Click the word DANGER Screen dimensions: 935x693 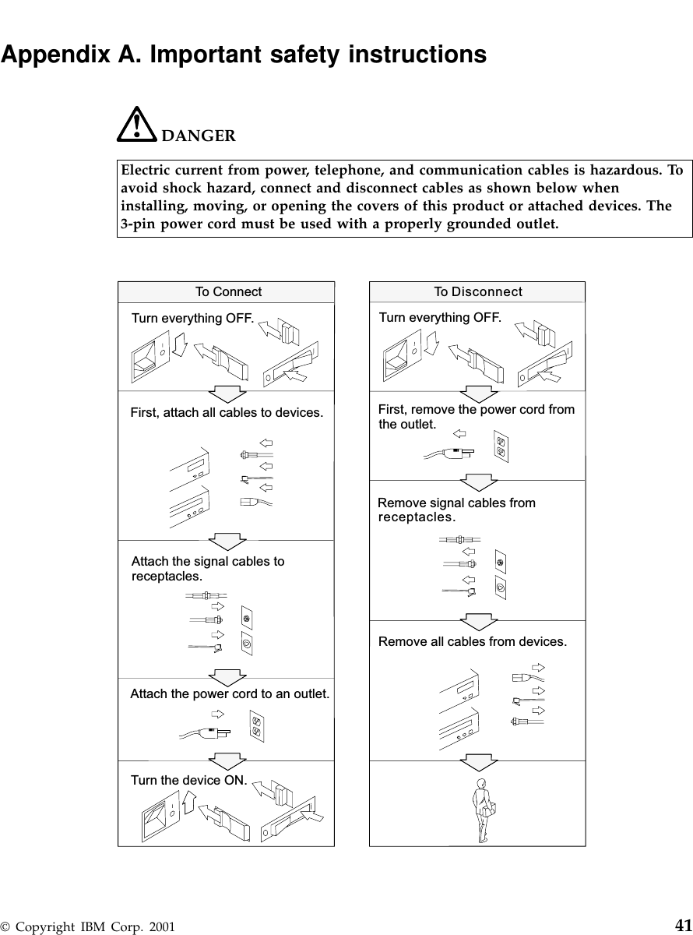coord(198,136)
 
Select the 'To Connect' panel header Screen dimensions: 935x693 coord(228,292)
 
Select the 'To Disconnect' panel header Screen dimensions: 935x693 coord(477,292)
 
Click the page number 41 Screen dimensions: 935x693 coord(683,925)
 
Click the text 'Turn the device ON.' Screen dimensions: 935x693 coord(189,780)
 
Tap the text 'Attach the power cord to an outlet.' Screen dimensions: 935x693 coord(230,693)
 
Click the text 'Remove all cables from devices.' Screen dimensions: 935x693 coord(473,642)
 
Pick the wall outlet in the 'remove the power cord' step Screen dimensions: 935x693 coord(501,446)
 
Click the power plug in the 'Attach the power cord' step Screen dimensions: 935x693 coord(212,732)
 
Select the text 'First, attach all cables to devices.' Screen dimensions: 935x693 coord(226,412)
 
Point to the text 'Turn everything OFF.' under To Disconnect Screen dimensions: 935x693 coord(440,318)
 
